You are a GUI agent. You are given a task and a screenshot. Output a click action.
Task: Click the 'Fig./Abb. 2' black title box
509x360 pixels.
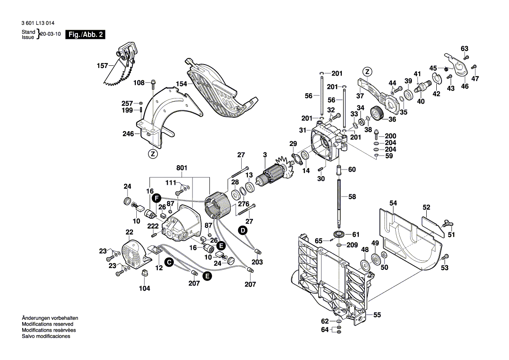[85, 34]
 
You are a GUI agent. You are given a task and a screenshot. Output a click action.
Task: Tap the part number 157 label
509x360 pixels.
[102, 66]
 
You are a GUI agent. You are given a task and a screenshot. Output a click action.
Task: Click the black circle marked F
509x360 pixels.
[155, 198]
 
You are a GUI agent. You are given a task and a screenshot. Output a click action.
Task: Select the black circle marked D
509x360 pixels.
[242, 229]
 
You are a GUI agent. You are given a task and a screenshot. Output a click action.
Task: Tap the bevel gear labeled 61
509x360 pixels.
[338, 234]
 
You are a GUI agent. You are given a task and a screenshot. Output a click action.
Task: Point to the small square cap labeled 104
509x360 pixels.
[145, 273]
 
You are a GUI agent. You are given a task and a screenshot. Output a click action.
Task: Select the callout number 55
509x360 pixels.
[377, 314]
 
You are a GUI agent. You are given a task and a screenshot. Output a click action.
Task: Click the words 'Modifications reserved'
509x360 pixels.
[47, 324]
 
